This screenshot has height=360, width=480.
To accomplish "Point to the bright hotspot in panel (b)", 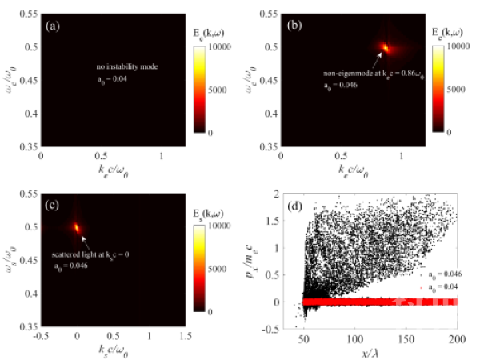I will tap(386, 47).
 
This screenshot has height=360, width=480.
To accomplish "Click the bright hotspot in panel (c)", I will tap(77, 226).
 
